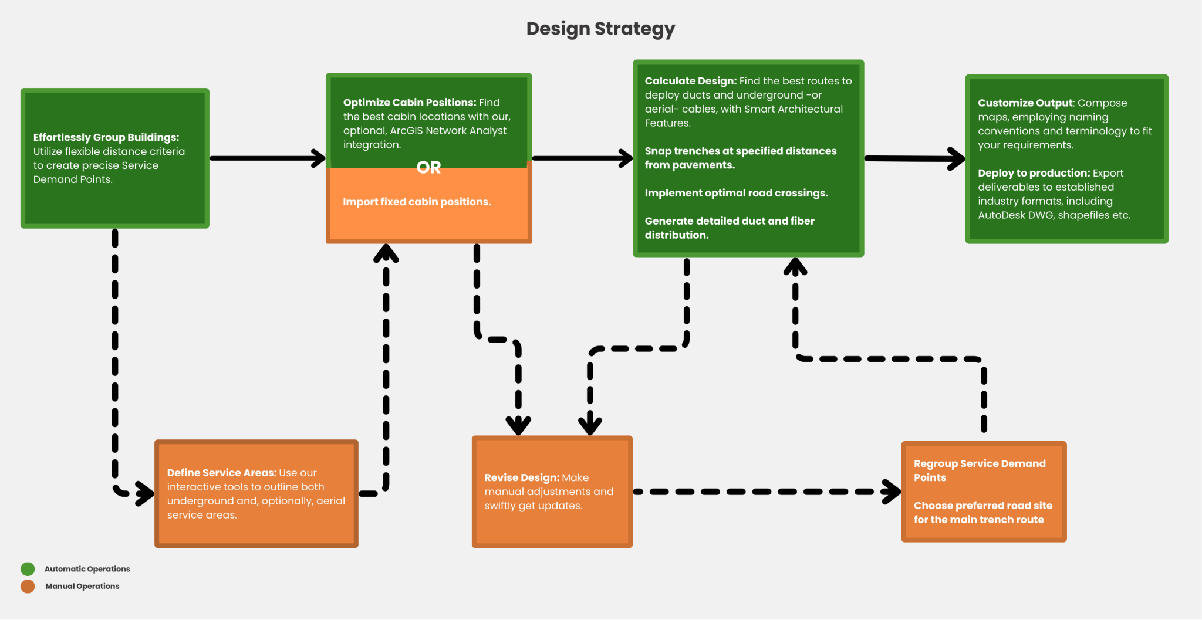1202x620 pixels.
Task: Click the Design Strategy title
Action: [600, 29]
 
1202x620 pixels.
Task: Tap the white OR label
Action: [428, 168]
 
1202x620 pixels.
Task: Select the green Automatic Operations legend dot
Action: [28, 569]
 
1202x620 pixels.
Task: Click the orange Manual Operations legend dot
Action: [28, 586]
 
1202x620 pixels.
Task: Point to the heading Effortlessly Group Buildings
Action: [106, 137]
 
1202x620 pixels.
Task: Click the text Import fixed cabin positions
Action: [417, 202]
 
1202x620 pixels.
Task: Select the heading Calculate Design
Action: [690, 81]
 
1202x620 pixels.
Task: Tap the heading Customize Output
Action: [1025, 103]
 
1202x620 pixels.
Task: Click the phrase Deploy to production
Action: [1033, 173]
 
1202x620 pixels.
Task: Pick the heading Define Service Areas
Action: [221, 473]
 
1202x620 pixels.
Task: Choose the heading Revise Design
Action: [521, 478]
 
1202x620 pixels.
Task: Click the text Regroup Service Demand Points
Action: [979, 470]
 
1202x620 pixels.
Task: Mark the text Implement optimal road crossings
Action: [736, 193]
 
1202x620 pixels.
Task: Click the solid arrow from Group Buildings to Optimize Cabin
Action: [267, 158]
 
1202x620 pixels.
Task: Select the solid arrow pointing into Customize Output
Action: [914, 158]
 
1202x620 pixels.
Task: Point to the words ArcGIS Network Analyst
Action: [448, 131]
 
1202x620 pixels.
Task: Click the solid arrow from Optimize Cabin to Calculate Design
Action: [582, 158]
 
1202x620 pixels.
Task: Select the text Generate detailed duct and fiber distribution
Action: [729, 228]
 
